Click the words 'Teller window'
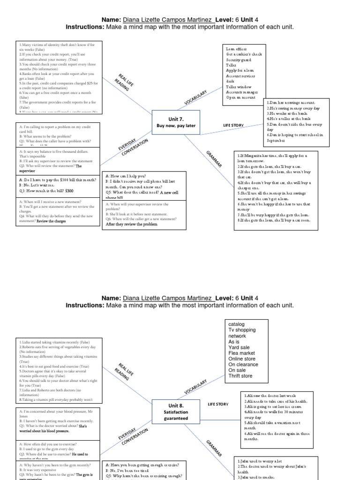[x=239, y=87]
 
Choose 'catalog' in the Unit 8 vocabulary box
[x=236, y=324]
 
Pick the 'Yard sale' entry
[x=240, y=347]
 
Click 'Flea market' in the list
[x=241, y=353]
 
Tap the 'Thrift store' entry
[x=240, y=376]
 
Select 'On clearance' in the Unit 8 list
[x=243, y=365]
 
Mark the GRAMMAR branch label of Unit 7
[x=214, y=160]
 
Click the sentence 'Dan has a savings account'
[x=291, y=102]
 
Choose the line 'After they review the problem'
[x=131, y=225]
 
